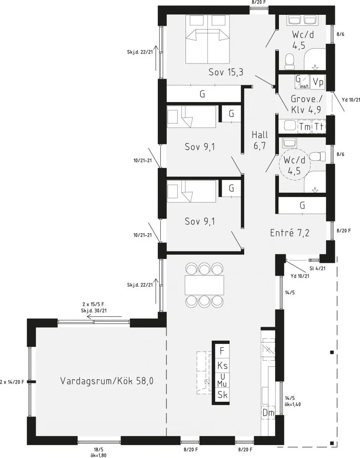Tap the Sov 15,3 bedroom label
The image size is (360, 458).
226,72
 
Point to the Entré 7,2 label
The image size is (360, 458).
290,233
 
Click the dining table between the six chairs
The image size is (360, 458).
204,285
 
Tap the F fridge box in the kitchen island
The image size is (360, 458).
221,351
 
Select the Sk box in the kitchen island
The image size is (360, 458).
221,395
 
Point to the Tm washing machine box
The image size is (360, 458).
304,126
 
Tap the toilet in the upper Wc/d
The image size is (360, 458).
288,61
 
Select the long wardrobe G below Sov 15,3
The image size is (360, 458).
203,94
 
